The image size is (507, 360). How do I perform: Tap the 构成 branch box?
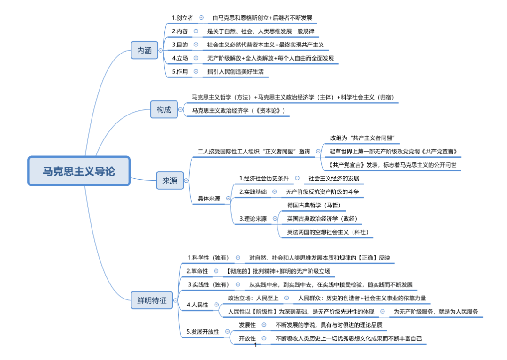coord(164,110)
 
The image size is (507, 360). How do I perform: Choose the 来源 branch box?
coord(169,181)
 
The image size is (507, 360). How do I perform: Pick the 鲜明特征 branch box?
coord(148,300)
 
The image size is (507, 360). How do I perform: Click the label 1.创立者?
coord(183,18)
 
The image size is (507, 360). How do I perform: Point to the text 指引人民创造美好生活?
coord(236,72)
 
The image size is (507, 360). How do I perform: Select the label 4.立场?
coord(180,58)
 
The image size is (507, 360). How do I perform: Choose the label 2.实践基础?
coord(253,192)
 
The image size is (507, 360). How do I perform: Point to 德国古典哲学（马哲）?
coord(314,205)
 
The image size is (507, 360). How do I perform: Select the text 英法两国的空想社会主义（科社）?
coord(328,232)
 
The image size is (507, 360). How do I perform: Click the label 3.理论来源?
coord(253,219)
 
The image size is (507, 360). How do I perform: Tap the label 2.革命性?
coord(198,271)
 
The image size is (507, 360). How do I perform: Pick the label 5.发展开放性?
coord(203,331)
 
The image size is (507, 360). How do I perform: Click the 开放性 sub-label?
coord(247,338)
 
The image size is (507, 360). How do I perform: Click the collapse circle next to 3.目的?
coord(196,45)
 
